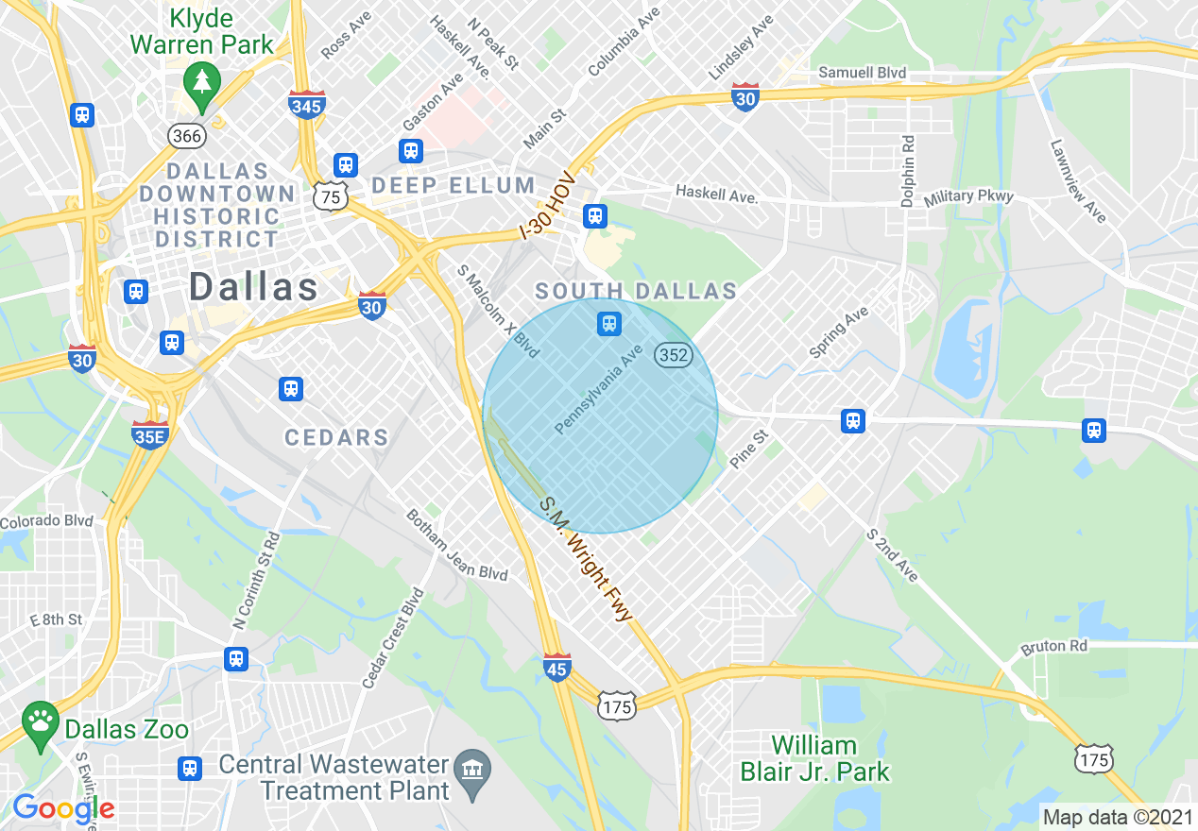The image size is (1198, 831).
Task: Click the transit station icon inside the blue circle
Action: point(608,325)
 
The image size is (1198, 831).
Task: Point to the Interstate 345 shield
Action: point(307,105)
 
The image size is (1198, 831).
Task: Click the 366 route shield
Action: point(187,136)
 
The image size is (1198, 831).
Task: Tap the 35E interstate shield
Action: point(150,435)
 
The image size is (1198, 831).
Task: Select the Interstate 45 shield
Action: point(557,668)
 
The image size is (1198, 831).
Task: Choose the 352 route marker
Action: point(675,355)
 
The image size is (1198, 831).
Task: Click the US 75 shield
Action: point(331,197)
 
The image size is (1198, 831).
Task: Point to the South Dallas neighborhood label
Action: point(636,290)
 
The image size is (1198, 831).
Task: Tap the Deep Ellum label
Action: point(454,185)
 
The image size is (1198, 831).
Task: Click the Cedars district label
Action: point(337,437)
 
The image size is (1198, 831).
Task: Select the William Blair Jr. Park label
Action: point(814,758)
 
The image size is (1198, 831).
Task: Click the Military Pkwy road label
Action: point(968,197)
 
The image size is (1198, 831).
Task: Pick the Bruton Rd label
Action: point(1054,647)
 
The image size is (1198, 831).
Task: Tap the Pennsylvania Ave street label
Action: point(598,389)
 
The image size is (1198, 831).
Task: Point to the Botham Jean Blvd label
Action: point(456,546)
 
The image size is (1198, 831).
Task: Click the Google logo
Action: point(63,809)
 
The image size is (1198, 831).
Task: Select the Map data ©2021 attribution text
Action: point(1115,816)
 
